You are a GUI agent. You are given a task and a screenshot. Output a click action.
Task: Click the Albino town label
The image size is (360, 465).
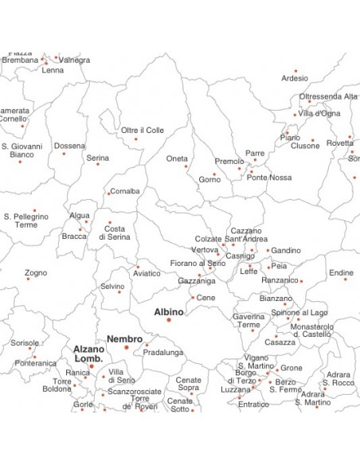tap(169, 311)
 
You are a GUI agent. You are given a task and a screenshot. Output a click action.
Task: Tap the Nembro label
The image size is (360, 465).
tap(124, 338)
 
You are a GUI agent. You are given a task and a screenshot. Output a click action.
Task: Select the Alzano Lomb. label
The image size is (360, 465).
tap(88, 354)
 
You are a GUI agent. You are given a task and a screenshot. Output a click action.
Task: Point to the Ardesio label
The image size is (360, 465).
tap(295, 78)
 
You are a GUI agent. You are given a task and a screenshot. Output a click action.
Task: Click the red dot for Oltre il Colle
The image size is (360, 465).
tap(135, 139)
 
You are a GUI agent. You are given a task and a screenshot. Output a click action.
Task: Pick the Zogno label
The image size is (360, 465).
tap(36, 272)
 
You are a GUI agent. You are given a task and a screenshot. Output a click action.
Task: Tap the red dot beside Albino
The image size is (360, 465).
tap(169, 320)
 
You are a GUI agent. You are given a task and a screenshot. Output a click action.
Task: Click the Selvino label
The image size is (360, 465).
tap(112, 287)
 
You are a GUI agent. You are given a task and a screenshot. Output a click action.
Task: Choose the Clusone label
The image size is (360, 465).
tap(305, 147)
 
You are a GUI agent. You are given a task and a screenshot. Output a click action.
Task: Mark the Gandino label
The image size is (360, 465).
tap(286, 251)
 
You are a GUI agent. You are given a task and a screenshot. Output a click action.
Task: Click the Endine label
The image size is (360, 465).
tap(342, 273)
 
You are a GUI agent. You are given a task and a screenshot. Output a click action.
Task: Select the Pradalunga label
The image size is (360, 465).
tap(163, 352)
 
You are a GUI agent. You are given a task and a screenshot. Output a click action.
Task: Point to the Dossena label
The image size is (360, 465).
tap(70, 146)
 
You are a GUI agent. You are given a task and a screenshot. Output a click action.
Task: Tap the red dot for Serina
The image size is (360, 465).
tap(98, 164)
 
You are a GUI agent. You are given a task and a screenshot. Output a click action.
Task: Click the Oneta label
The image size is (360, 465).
tap(177, 158)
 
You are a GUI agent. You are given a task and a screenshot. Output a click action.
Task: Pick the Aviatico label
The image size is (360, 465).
tap(147, 273)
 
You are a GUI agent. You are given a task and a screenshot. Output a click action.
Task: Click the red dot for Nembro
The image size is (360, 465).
tap(126, 347)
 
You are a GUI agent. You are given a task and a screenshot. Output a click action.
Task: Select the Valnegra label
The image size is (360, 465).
tap(75, 60)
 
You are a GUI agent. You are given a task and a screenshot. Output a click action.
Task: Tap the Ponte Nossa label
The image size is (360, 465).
tap(269, 177)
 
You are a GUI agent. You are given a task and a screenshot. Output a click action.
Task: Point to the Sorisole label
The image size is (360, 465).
tap(25, 343)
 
